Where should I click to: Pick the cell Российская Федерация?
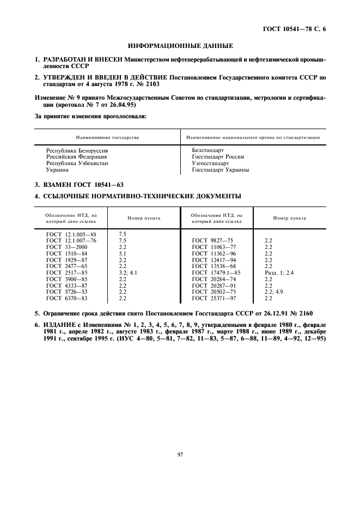point(76,156)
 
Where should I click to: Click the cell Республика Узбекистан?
point(77,163)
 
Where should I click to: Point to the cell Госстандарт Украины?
point(221,169)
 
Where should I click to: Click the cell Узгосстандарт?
point(210,163)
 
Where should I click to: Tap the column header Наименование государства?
point(107,137)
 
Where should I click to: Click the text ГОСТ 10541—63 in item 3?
point(96,184)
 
